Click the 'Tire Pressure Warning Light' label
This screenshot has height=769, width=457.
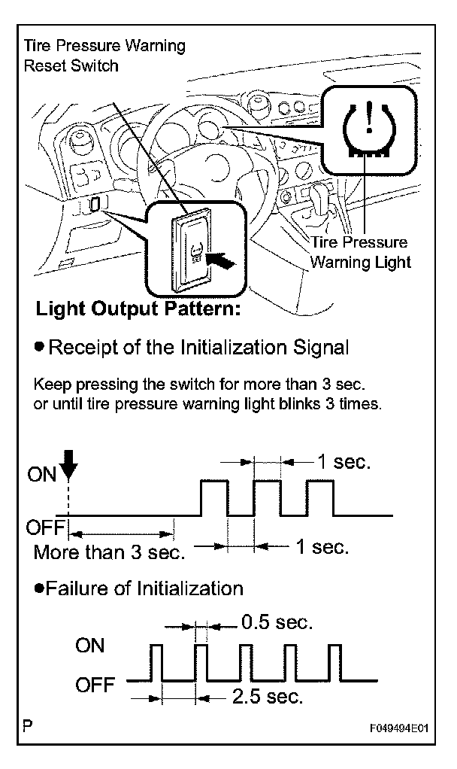tap(361, 253)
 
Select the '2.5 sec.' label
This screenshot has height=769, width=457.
tap(268, 697)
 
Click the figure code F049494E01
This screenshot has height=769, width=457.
tap(398, 729)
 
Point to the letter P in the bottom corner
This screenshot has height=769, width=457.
tap(28, 727)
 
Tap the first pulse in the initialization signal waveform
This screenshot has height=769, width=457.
tap(213, 497)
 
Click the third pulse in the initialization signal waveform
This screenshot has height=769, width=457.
tap(319, 497)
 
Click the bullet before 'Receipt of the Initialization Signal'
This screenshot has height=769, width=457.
tap(39, 348)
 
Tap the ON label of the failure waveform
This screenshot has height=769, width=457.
tap(90, 646)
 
